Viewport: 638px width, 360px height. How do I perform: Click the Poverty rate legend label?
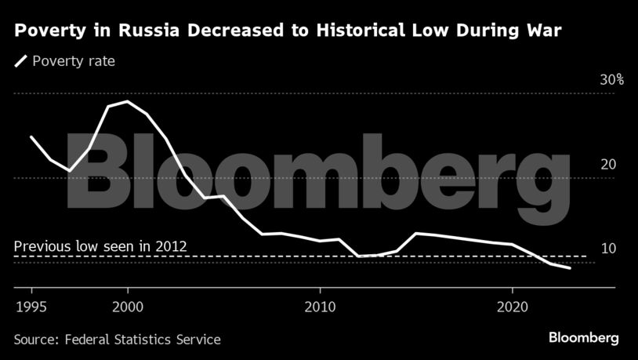point(74,60)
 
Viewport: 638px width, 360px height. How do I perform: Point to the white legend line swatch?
point(20,60)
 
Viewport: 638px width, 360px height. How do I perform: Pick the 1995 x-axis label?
point(31,305)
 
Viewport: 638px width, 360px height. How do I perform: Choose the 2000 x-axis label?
point(128,305)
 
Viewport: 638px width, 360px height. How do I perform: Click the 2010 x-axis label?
point(320,305)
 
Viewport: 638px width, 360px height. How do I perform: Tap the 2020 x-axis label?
point(512,305)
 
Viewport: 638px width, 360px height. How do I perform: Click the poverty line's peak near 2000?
point(128,101)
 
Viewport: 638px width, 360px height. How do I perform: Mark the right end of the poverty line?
point(570,268)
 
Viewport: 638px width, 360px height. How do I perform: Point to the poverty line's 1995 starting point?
point(31,136)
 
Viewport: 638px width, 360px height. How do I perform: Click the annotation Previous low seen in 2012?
point(100,245)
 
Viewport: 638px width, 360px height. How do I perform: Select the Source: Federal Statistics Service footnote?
point(117,340)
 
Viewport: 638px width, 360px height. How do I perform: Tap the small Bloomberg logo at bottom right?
point(583,338)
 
